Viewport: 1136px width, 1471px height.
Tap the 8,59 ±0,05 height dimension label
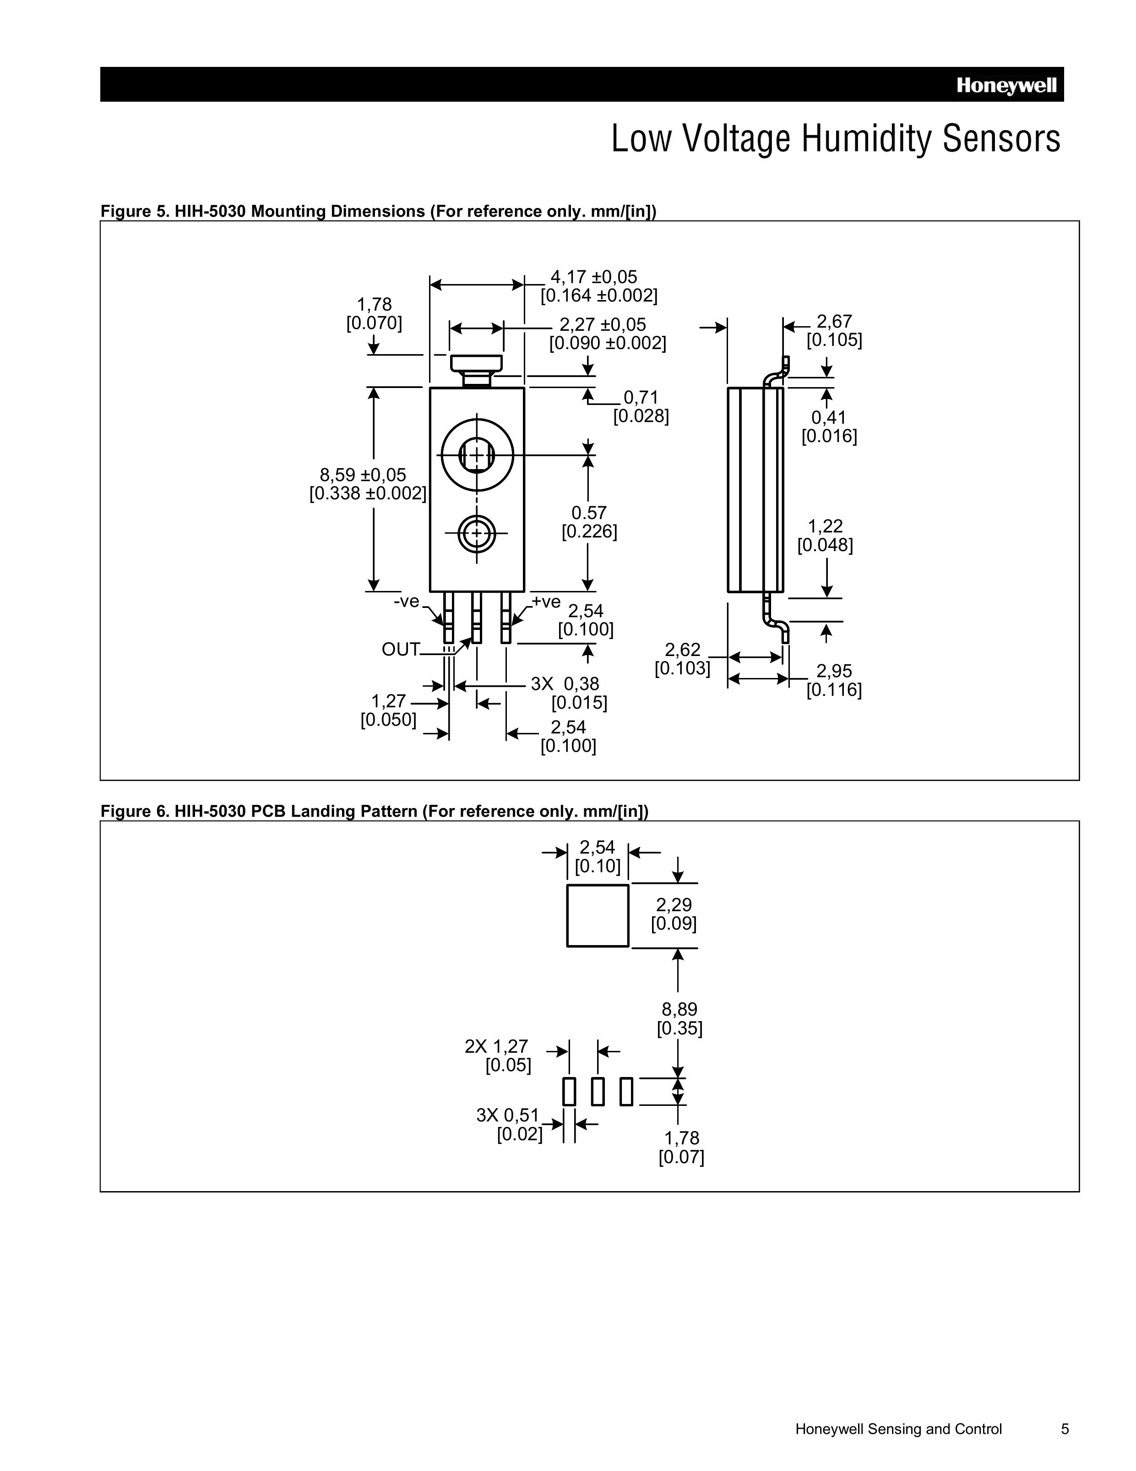point(364,475)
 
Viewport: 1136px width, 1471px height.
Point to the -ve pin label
point(406,601)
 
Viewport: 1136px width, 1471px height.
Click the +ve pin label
point(545,601)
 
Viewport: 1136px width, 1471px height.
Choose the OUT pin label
point(400,649)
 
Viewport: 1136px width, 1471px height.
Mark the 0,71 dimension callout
point(641,397)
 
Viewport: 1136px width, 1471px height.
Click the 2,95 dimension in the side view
point(834,671)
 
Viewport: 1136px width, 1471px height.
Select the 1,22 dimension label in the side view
point(825,526)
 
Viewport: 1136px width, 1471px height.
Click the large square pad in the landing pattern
point(597,915)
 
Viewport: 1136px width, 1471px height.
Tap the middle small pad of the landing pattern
point(597,1091)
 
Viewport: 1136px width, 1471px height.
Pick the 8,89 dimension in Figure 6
point(679,1009)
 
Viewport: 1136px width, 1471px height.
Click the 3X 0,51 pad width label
point(508,1115)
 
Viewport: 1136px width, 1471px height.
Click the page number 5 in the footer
point(1065,1428)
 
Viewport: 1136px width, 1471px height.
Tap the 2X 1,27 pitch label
point(496,1046)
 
